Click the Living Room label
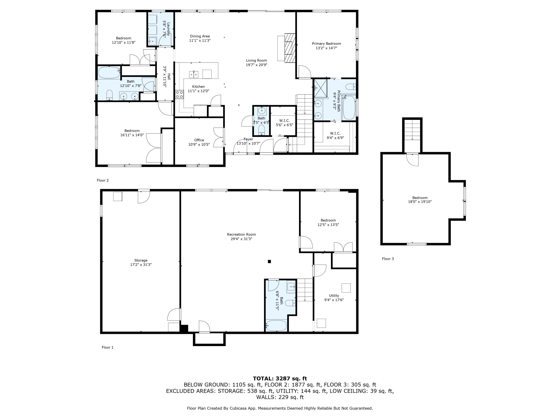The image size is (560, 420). (256, 60)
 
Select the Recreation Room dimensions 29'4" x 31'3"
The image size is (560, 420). (241, 239)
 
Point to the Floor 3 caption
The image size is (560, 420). (388, 259)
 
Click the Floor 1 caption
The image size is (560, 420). (108, 347)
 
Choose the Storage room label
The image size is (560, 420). (141, 260)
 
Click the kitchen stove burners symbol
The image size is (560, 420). (180, 94)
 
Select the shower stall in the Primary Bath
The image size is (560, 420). (321, 88)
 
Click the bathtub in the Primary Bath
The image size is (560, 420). (349, 108)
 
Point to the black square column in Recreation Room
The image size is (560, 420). (269, 262)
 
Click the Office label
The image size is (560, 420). (199, 140)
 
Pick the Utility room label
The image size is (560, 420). (334, 295)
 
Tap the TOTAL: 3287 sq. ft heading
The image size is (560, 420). (280, 379)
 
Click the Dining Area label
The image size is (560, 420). (200, 36)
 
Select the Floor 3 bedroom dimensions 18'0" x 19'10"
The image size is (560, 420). (420, 202)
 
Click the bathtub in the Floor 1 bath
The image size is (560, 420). (276, 326)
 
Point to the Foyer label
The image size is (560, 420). (248, 139)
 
